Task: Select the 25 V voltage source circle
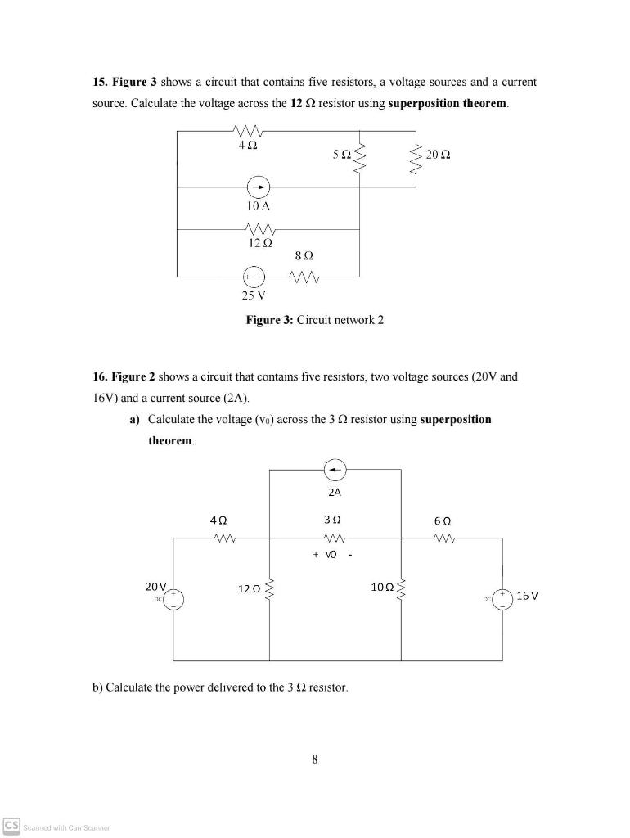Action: point(257,277)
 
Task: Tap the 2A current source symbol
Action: point(334,470)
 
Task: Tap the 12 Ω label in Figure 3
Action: point(258,243)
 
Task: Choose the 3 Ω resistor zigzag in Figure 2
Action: point(334,538)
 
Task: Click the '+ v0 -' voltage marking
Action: point(331,555)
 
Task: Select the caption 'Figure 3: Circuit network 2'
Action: point(314,320)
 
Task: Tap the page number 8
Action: point(315,759)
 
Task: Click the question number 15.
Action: point(98,83)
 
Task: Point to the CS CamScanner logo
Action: point(11,825)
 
